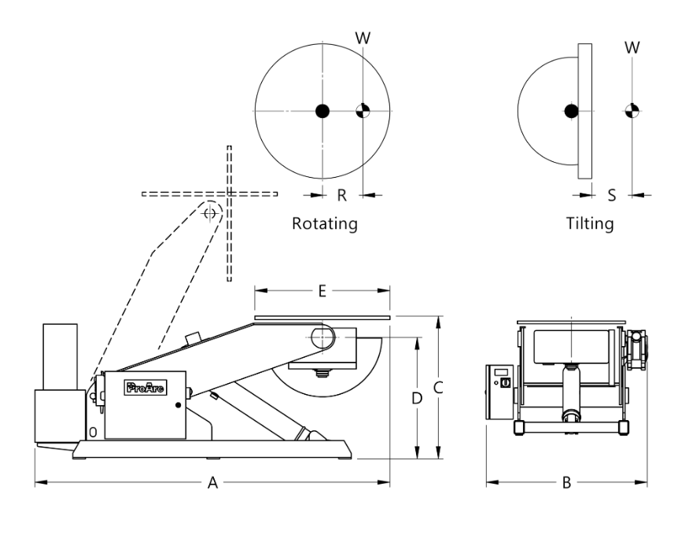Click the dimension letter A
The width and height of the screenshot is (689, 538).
(212, 485)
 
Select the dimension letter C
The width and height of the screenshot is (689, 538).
(440, 387)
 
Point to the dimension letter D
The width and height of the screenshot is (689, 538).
(417, 398)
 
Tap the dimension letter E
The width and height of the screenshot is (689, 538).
(322, 289)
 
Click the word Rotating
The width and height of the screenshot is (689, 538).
(325, 223)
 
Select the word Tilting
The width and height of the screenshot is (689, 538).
(590, 223)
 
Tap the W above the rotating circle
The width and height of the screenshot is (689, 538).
(362, 38)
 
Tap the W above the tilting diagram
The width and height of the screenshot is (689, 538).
(630, 46)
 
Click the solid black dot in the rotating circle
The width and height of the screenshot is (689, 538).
(322, 111)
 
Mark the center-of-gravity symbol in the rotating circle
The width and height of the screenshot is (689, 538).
(362, 111)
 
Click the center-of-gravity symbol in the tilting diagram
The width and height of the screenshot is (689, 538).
(630, 111)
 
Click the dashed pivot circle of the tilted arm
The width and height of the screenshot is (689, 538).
(210, 212)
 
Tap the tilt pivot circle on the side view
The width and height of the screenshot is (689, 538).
(322, 337)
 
